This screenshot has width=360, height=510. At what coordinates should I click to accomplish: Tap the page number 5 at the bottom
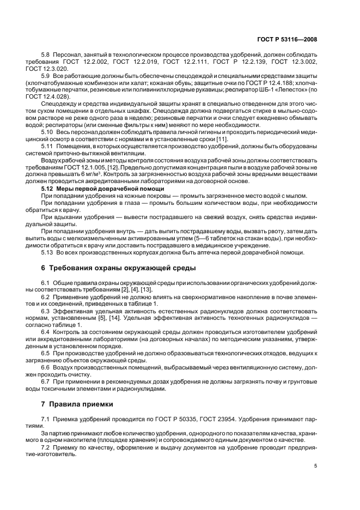point(315,465)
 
